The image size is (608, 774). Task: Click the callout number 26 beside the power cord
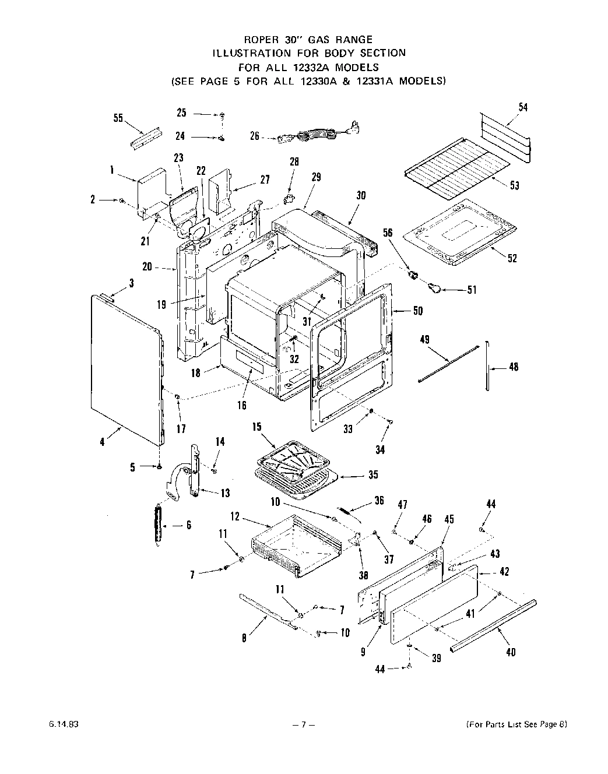[x=255, y=136]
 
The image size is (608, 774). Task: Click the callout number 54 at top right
[x=523, y=107]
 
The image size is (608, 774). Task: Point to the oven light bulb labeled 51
[x=435, y=286]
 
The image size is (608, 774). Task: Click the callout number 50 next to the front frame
[x=417, y=311]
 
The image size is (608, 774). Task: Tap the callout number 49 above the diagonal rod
[x=424, y=339]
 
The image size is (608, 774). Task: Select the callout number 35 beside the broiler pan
[x=373, y=474]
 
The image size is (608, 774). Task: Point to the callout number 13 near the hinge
[x=224, y=493]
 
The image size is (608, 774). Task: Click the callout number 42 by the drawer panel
[x=504, y=572]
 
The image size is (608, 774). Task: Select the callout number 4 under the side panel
[x=103, y=442]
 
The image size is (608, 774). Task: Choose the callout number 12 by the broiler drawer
[x=235, y=516]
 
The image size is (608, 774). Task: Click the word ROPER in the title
[x=260, y=40]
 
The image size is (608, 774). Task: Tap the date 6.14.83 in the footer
[x=60, y=724]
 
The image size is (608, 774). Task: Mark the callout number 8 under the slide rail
[x=244, y=638]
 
